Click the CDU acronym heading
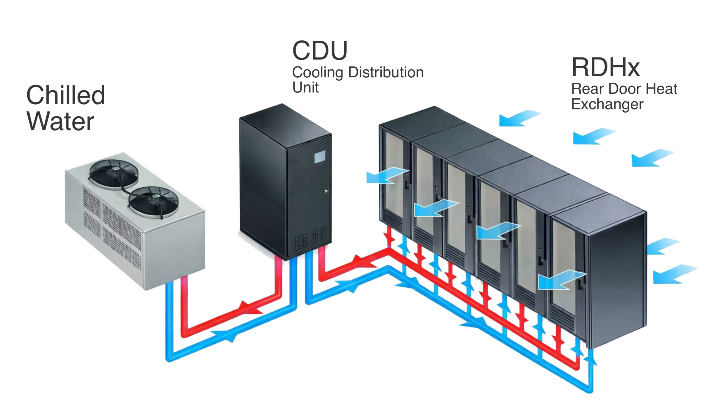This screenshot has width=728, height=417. [x=320, y=51]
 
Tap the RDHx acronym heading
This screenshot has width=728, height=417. [x=605, y=68]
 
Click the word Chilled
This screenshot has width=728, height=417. [x=66, y=95]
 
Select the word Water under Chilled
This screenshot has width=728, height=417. [x=60, y=121]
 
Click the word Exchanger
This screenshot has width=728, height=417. [x=607, y=104]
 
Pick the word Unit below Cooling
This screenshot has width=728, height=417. [x=305, y=87]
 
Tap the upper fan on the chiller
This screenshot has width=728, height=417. [x=114, y=174]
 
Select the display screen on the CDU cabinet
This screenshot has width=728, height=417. [x=320, y=157]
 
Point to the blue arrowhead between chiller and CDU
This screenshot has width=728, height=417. [x=226, y=335]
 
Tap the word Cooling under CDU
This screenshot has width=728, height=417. [x=317, y=72]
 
